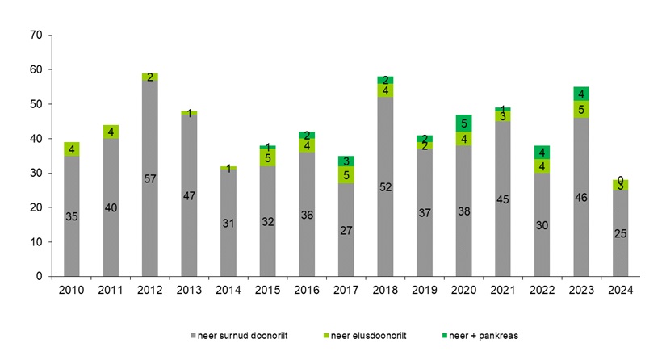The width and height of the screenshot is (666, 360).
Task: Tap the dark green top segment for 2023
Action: (x=581, y=94)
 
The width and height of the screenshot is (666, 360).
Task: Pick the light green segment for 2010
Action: (x=71, y=149)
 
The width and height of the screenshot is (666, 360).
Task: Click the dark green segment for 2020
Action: (x=463, y=123)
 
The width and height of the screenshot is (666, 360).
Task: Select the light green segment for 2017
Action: (x=346, y=174)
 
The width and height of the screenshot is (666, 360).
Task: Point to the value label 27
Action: (x=346, y=230)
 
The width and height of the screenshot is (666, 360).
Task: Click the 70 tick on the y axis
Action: (x=35, y=36)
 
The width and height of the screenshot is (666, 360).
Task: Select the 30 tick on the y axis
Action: (x=35, y=173)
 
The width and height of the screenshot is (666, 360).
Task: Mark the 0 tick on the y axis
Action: (x=38, y=276)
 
